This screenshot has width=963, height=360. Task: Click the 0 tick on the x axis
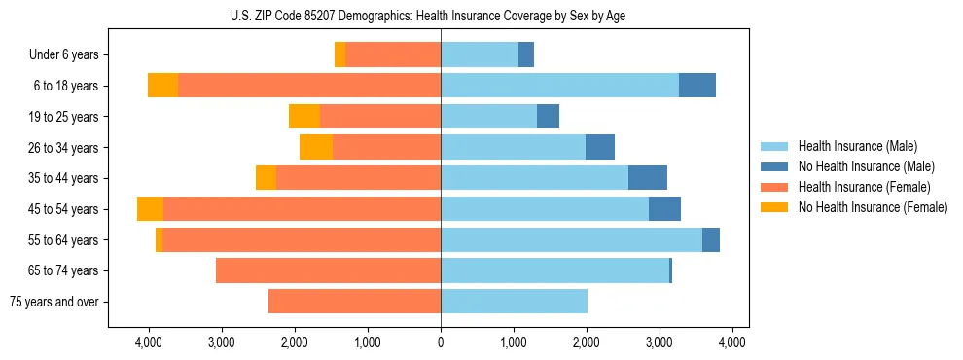[x=441, y=342]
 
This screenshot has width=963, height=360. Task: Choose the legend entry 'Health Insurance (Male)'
[x=857, y=146]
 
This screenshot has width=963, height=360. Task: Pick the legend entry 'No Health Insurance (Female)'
[x=873, y=207]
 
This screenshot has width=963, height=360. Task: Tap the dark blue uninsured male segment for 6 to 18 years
[x=696, y=86]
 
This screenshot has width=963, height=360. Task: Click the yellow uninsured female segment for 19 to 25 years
[x=304, y=117]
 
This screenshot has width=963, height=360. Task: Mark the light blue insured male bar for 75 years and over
[x=514, y=302]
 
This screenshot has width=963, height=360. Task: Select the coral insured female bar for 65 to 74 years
[x=328, y=270]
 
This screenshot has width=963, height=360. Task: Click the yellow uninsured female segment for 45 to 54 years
[x=150, y=209]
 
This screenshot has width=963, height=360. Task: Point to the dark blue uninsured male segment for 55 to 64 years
[x=711, y=240]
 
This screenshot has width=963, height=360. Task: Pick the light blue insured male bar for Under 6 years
[x=480, y=55]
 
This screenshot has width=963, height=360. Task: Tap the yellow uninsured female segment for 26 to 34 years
[x=316, y=148]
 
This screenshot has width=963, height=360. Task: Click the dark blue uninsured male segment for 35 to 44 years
[x=648, y=178]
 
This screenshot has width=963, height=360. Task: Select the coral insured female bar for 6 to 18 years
[x=309, y=86]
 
